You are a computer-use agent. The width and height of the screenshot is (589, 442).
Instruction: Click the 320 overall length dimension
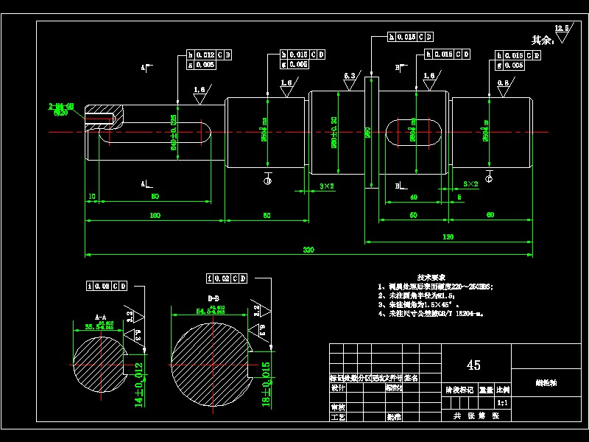pos(308,250)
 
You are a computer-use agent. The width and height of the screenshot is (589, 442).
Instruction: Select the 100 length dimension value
pos(155,215)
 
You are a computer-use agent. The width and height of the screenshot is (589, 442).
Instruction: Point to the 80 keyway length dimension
pos(155,196)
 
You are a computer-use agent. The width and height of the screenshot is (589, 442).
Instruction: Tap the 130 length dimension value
pos(448,237)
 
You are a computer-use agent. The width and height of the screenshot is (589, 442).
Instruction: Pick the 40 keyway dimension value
pos(414,197)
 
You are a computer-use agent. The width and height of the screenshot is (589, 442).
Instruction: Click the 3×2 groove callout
pos(327,186)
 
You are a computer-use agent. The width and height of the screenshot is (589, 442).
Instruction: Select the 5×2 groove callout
pos(471,183)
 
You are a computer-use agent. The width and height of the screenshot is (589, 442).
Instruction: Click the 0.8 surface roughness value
pos(503,83)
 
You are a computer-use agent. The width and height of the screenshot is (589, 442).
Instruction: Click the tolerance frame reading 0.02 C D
pos(227,278)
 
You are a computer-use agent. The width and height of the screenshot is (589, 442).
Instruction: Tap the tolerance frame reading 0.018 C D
pos(410,36)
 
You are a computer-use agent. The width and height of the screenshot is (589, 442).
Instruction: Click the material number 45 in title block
pos(473,365)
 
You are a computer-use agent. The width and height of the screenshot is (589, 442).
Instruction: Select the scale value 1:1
pos(503,403)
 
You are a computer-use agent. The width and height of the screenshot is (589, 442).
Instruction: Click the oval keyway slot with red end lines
pos(414,133)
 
